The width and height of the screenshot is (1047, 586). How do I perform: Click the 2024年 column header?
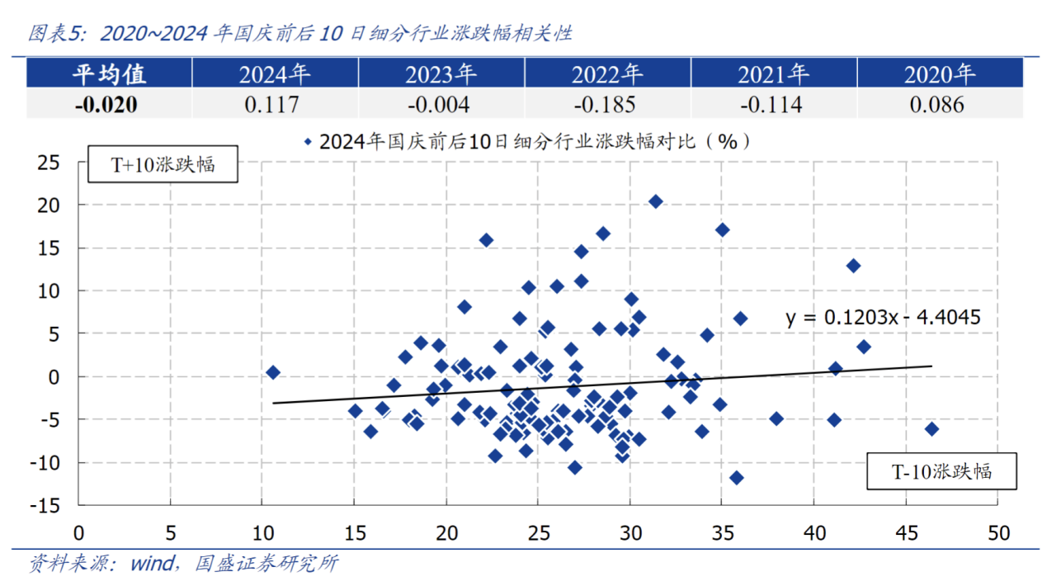[275, 74]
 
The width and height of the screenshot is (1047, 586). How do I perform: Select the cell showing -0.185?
[606, 105]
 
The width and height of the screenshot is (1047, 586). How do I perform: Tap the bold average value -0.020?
[109, 105]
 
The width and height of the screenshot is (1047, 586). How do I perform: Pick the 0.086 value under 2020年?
[939, 105]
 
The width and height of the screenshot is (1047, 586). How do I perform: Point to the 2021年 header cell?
[772, 74]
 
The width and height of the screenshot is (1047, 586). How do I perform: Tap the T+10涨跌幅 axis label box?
[163, 164]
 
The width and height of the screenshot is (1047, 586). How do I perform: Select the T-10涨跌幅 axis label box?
[941, 472]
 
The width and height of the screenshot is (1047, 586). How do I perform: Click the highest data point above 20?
[656, 201]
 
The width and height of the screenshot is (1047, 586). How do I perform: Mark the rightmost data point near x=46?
[931, 428]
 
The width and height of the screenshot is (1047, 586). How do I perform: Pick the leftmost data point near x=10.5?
[273, 372]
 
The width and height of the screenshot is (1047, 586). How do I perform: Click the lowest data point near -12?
[737, 477]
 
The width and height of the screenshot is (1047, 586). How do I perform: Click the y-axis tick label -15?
[46, 505]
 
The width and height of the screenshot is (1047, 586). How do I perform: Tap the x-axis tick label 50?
[997, 532]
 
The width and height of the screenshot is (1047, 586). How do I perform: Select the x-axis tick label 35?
[721, 532]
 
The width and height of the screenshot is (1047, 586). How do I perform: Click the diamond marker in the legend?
[308, 142]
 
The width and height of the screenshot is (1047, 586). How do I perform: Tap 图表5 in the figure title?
[56, 34]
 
